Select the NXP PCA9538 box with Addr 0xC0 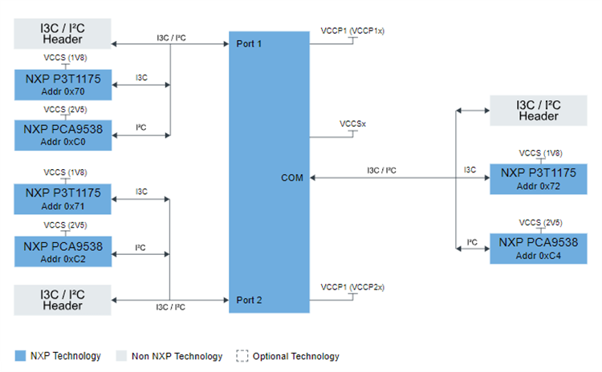pyautogui.click(x=63, y=134)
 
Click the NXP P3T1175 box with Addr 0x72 pyautogui.click(x=539, y=177)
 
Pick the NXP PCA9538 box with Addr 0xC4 pyautogui.click(x=539, y=248)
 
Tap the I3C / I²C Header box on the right pyautogui.click(x=539, y=111)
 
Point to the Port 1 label pyautogui.click(x=250, y=43)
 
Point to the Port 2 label pyautogui.click(x=250, y=300)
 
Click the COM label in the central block pyautogui.click(x=292, y=178)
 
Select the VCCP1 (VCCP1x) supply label pyautogui.click(x=352, y=30)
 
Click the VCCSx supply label pyautogui.click(x=353, y=124)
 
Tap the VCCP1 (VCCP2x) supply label pyautogui.click(x=352, y=286)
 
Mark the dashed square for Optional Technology pyautogui.click(x=242, y=356)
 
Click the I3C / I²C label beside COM pyautogui.click(x=380, y=170)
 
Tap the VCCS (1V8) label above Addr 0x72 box pyautogui.click(x=539, y=152)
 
